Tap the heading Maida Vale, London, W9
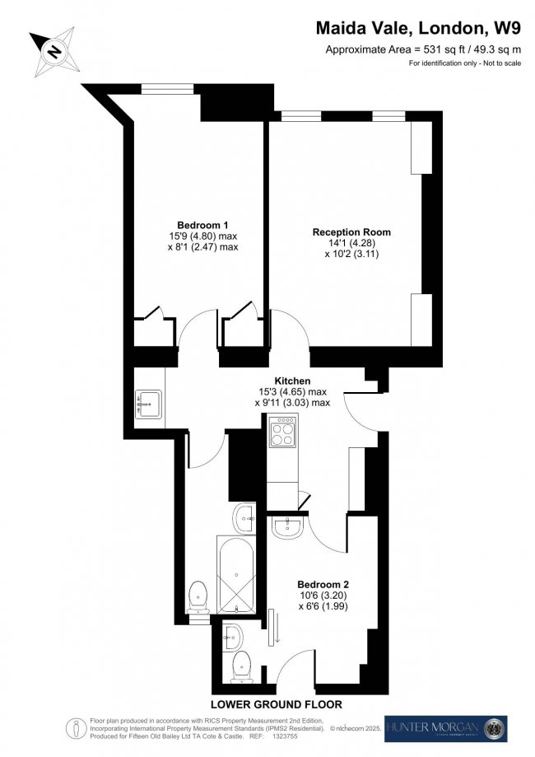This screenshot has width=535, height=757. [418, 29]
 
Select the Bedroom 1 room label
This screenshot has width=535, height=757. [202, 225]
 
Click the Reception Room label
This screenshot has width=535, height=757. [351, 232]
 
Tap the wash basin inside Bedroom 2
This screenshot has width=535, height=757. [289, 527]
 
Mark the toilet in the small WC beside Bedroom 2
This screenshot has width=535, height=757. [241, 666]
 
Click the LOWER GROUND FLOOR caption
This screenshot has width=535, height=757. [275, 704]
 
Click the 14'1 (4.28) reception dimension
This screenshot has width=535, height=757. [351, 244]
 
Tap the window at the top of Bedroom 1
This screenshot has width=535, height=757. [160, 88]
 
